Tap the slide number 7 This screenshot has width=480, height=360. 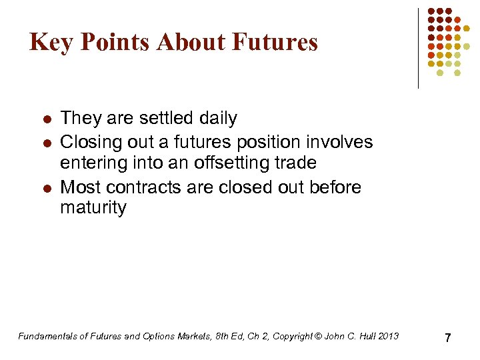(x=447, y=338)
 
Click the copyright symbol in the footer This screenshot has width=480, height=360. (x=317, y=336)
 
